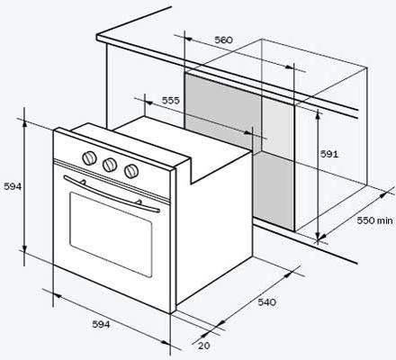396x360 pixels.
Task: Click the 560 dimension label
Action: coord(223,40)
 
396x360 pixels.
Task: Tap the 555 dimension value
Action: coord(171,100)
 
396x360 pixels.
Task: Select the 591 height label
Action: coord(329,154)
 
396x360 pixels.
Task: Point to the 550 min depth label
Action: coord(374,220)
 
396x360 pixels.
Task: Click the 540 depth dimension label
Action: coord(267,302)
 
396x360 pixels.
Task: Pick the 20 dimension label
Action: coord(204,346)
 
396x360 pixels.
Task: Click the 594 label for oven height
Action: coord(13,186)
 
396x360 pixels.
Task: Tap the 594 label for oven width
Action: coord(101,324)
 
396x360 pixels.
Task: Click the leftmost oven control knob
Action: coord(89,157)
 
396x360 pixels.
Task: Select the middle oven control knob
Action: coord(110,165)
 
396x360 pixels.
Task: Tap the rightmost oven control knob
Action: coord(131,171)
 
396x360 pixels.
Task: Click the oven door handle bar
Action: coord(112,194)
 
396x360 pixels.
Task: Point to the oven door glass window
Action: coord(111,235)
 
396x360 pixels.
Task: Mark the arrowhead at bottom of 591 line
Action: coord(318,236)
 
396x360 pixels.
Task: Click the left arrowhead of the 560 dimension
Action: coord(188,39)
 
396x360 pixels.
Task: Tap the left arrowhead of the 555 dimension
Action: coord(149,103)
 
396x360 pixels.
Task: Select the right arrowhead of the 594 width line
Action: coord(166,343)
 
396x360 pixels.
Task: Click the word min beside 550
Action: coord(385,220)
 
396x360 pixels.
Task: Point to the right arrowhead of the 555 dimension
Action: coord(248,132)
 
